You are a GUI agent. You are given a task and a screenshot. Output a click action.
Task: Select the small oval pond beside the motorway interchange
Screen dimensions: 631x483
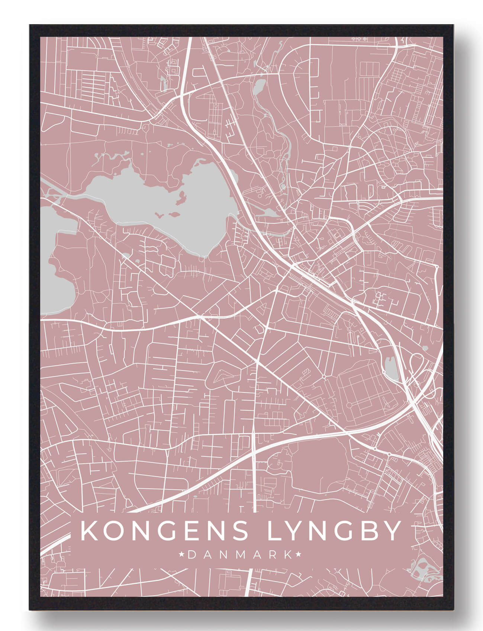390,368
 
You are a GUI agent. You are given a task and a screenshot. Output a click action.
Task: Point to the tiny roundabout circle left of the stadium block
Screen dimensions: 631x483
324,377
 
